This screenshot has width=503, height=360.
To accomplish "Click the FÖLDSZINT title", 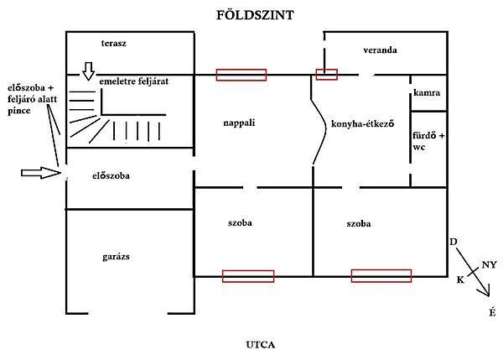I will coord(251,15).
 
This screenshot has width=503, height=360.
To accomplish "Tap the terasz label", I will coord(112,42).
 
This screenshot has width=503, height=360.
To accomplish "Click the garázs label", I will coord(106,257).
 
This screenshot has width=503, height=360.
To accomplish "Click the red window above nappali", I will coord(241,75).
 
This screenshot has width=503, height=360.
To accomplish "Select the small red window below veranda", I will coord(326,74).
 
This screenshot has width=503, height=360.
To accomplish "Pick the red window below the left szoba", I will coord(248,276).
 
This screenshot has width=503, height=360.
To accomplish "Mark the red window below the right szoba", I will coord(381,276).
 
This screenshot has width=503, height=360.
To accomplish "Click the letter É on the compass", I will coord(491,312).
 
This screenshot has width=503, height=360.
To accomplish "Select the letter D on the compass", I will coord(454,243).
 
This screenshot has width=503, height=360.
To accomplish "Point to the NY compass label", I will coord(488,264).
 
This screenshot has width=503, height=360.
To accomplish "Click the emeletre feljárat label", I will coord(134,81).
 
